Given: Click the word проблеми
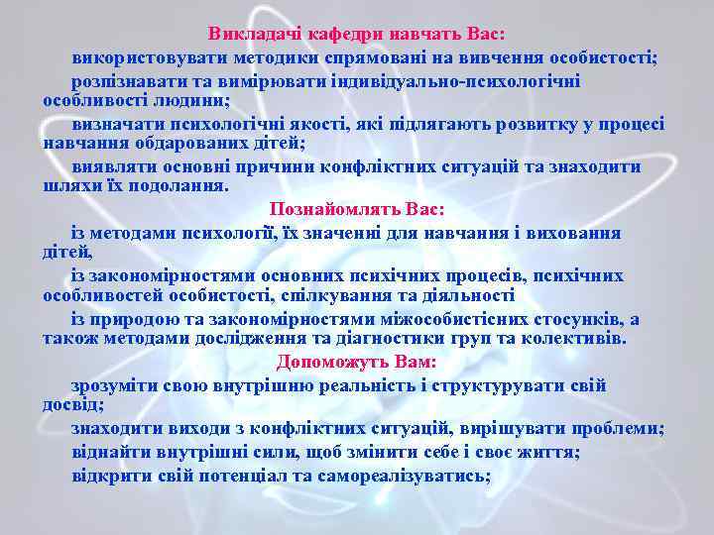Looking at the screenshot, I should [x=615, y=428].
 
